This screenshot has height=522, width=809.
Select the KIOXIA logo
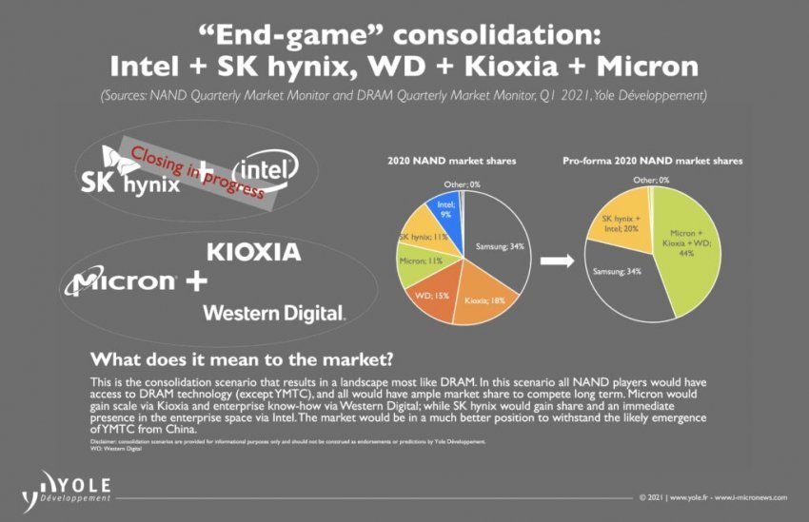(x=253, y=253)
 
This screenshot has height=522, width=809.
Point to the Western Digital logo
(x=274, y=313)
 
